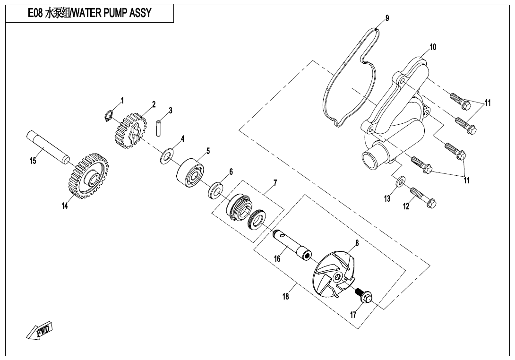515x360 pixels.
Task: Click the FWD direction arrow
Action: click(39, 331)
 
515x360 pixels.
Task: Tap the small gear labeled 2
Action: click(128, 130)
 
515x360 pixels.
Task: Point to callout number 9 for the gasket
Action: click(387, 18)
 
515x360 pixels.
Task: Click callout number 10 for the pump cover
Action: click(433, 47)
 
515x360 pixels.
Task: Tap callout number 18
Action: click(285, 297)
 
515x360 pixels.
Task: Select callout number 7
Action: click(275, 182)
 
